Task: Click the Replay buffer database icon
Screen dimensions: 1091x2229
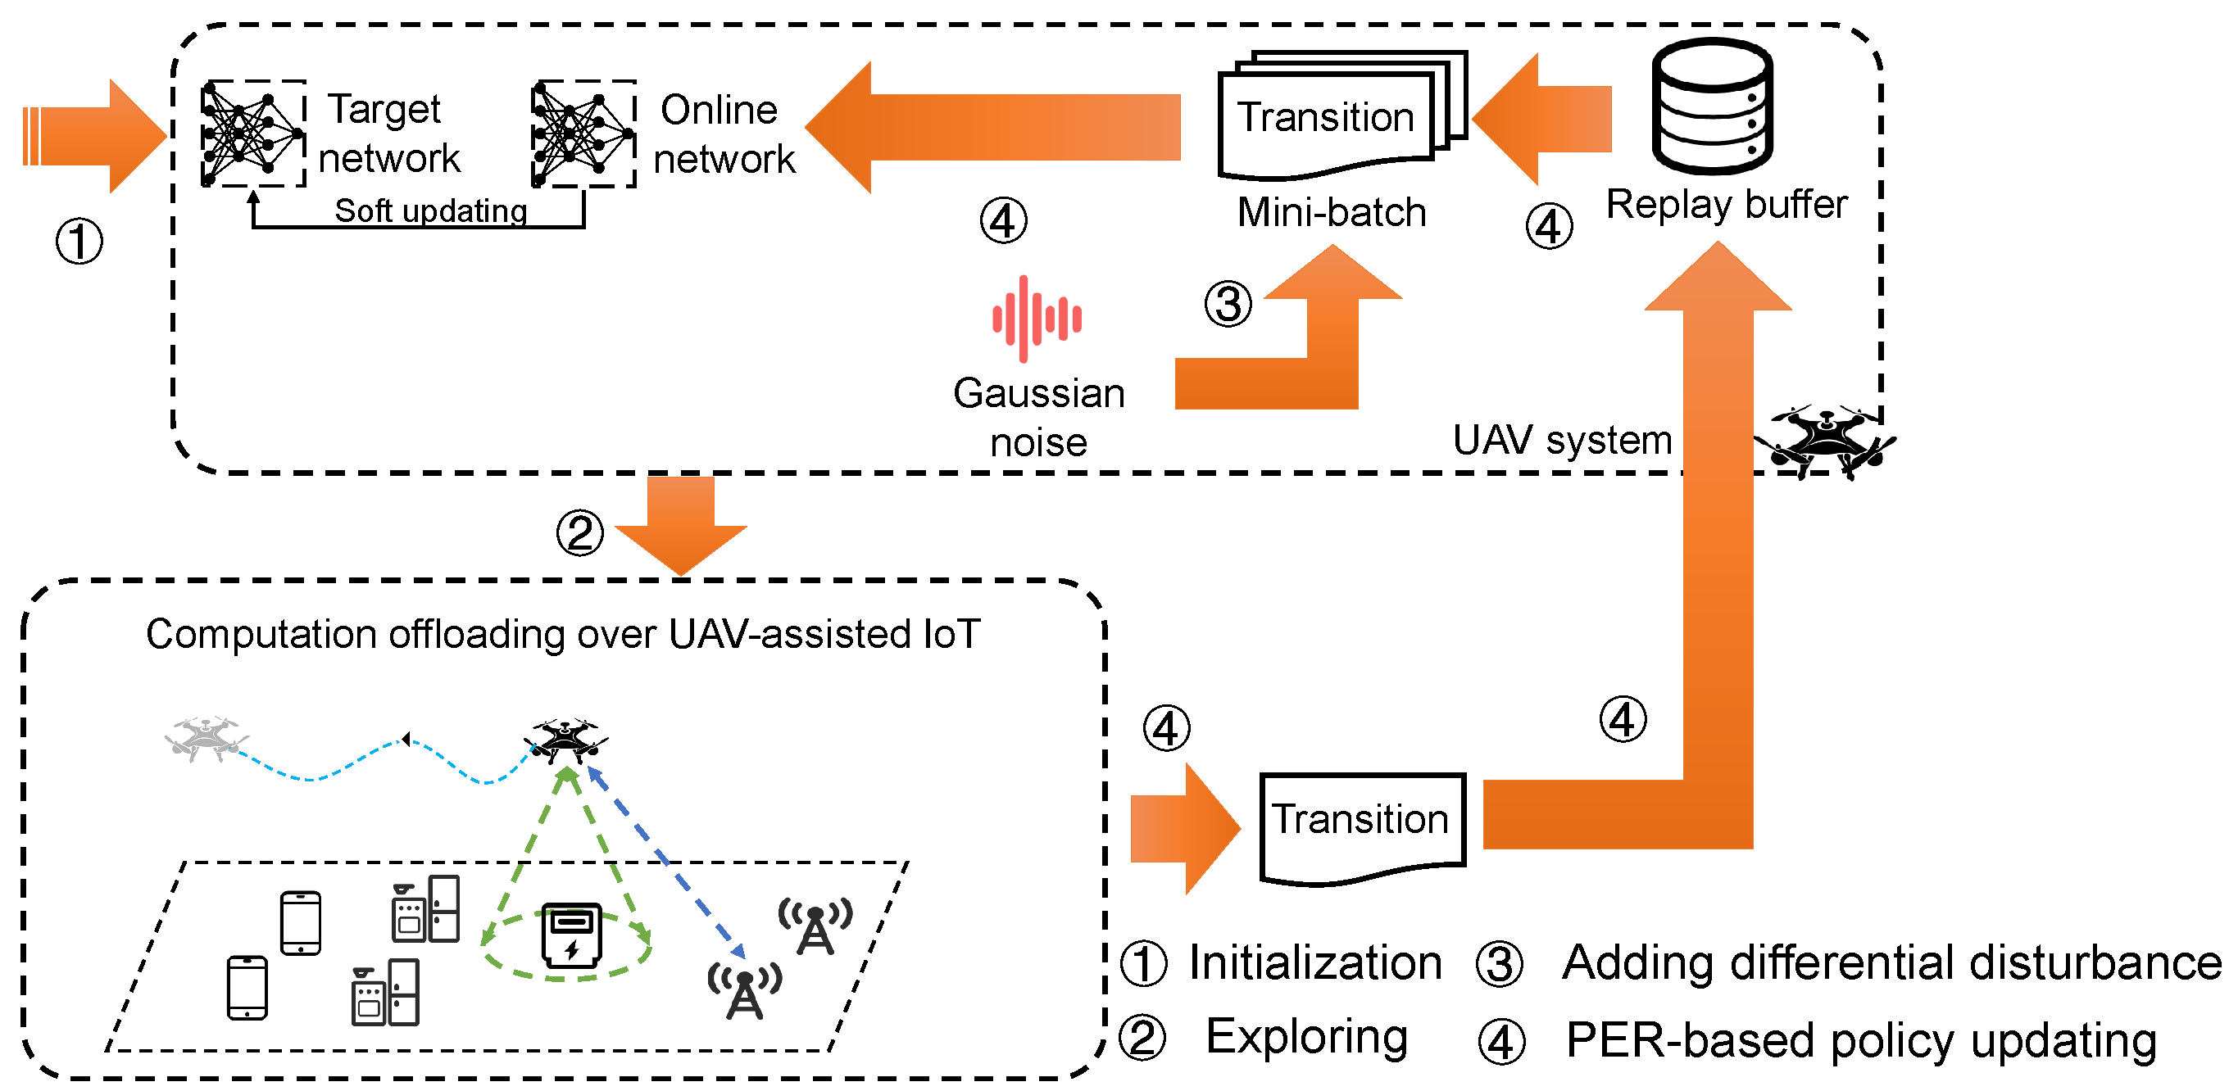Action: (1712, 107)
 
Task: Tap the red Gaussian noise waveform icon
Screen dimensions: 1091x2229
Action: (1036, 319)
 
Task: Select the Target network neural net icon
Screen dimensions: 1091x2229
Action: (252, 134)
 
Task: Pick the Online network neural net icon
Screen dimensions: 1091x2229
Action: (583, 134)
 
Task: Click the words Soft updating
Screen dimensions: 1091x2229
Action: (430, 211)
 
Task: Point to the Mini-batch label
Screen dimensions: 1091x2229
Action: (1331, 212)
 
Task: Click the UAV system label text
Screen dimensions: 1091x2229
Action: (1561, 440)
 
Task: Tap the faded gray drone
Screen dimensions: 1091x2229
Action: (206, 738)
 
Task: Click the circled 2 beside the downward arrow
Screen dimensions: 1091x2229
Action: (579, 532)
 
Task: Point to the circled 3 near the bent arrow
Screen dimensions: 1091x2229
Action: (1227, 304)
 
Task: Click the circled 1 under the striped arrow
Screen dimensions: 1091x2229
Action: (79, 241)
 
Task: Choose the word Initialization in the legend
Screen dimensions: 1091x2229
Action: (1314, 962)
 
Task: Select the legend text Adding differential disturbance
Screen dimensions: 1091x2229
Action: (1891, 962)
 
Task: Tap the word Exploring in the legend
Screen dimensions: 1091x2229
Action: (1306, 1035)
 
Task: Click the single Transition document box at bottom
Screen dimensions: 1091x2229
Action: (1361, 826)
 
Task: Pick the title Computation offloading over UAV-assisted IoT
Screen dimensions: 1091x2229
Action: (562, 633)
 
